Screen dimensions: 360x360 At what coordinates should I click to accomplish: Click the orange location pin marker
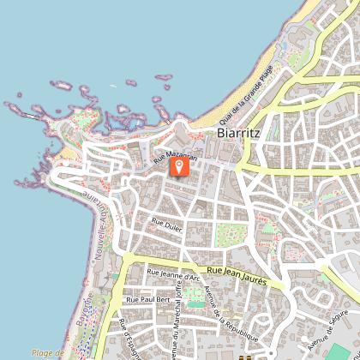(179, 164)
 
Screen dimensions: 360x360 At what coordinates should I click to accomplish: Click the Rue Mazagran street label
(175, 158)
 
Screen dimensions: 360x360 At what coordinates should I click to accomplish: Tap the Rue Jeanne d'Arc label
(174, 274)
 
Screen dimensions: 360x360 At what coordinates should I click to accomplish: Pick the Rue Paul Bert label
(147, 300)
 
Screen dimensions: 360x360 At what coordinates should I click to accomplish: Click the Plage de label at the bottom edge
(48, 353)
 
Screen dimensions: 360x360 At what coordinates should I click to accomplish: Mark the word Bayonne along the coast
(83, 331)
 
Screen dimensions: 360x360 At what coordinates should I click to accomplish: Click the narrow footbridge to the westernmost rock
(30, 114)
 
